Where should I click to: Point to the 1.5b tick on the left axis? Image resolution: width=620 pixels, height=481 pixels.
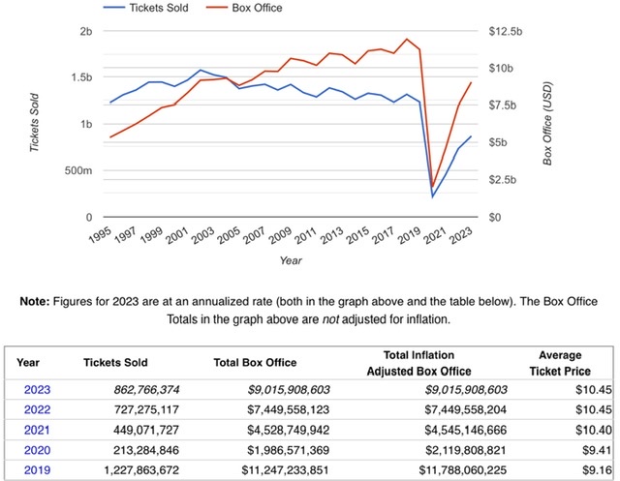(x=79, y=77)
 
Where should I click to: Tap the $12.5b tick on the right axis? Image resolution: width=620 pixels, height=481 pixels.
(x=503, y=31)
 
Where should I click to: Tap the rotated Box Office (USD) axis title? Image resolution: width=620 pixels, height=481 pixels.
(x=547, y=123)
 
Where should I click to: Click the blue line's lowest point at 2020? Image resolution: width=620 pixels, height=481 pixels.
(x=432, y=196)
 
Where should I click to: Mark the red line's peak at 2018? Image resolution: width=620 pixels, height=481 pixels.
(x=407, y=40)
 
